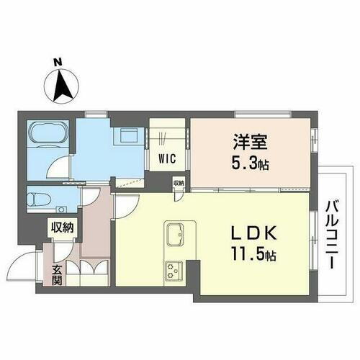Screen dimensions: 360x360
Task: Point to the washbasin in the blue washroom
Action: click(130, 135)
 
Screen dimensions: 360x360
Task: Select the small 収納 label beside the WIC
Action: click(178, 183)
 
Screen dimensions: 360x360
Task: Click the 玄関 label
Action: click(55, 274)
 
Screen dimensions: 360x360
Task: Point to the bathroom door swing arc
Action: click(56, 169)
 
